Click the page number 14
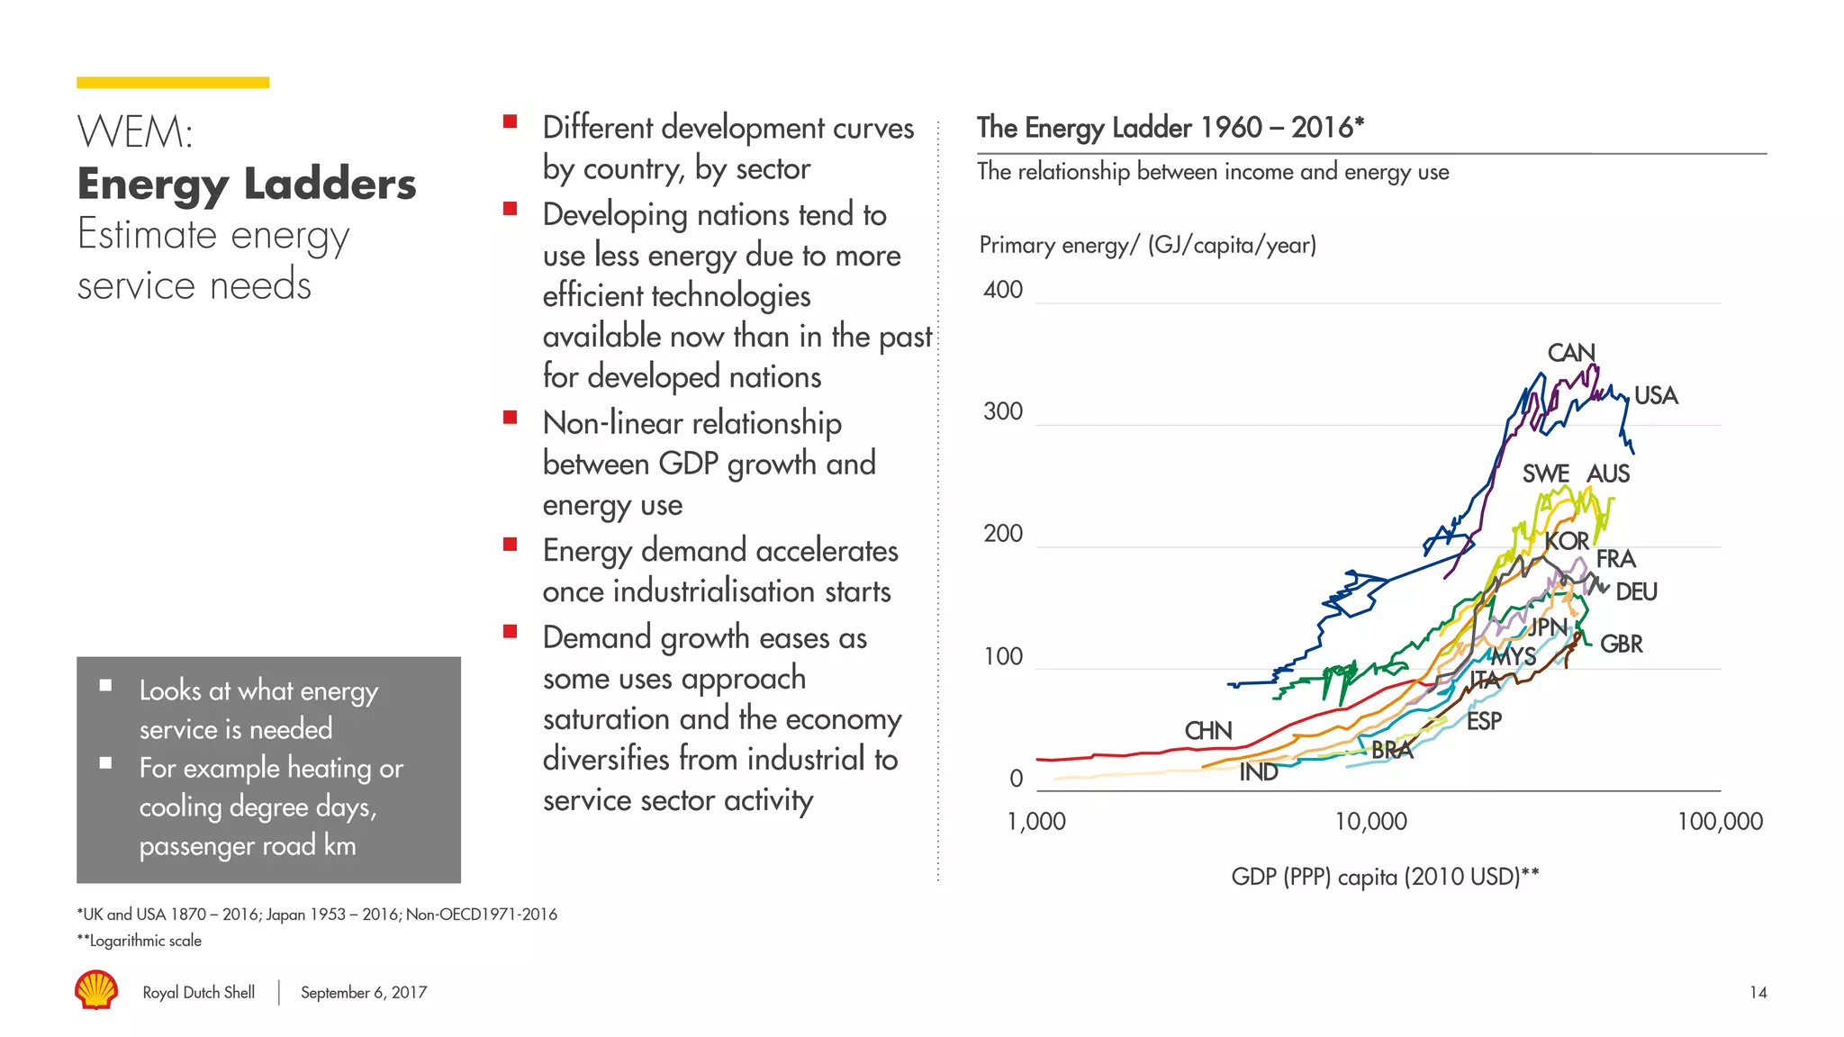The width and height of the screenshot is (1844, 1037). point(1758,992)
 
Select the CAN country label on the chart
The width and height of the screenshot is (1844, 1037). point(1570,352)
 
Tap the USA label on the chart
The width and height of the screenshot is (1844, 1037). point(1655,395)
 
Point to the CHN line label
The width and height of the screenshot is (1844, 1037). point(1207,730)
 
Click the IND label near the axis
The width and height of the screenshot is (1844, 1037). point(1258,771)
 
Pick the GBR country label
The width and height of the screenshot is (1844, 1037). point(1621,644)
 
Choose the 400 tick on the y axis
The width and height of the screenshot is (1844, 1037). point(1002,290)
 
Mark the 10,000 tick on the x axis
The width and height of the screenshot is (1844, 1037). point(1369,821)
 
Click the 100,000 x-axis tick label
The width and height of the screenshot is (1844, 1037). point(1719,821)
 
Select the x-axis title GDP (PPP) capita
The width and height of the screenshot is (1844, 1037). point(1384,876)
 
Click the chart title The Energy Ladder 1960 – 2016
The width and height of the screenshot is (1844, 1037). point(1170,127)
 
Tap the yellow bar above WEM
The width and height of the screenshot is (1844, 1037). point(172,83)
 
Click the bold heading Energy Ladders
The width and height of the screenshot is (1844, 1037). point(247,184)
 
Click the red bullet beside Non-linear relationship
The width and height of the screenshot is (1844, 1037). point(510,417)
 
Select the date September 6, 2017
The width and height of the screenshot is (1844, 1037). point(363,992)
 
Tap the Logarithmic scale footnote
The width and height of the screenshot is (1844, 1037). point(140,941)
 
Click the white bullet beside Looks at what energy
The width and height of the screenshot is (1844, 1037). point(105,686)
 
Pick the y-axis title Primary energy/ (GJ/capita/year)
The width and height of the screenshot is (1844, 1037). point(1147,245)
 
